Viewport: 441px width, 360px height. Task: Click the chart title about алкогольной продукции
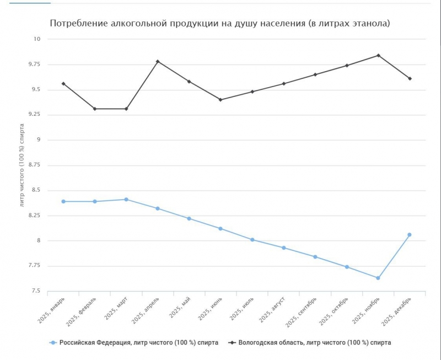click(x=220, y=24)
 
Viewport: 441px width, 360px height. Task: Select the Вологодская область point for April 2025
click(x=158, y=61)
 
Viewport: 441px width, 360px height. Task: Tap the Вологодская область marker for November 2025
click(x=378, y=55)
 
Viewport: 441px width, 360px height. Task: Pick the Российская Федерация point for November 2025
click(x=378, y=278)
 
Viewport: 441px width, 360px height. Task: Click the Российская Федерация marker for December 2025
click(x=410, y=235)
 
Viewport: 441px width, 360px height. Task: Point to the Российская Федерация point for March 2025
click(x=126, y=199)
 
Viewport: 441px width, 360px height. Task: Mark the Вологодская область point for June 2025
click(x=220, y=100)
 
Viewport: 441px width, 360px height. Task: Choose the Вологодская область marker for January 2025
click(x=63, y=84)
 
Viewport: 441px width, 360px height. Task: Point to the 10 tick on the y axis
click(x=37, y=39)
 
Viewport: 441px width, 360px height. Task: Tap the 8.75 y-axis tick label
click(x=35, y=165)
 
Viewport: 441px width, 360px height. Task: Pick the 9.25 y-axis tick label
click(x=35, y=115)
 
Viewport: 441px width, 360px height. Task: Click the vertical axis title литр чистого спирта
click(x=23, y=165)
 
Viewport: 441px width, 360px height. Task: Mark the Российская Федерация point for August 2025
click(x=283, y=248)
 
